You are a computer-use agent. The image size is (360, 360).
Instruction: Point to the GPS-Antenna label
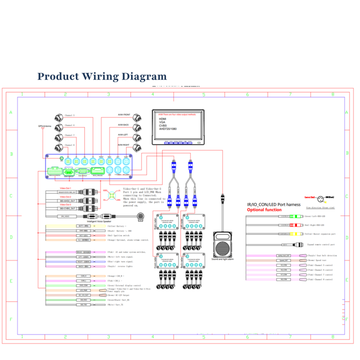point(44,126)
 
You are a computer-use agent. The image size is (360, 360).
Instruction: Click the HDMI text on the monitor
point(163,119)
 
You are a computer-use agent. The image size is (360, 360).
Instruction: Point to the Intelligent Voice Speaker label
point(101,222)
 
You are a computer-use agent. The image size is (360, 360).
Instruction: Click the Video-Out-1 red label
point(66,188)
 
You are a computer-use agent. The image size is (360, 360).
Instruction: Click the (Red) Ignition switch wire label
point(118,236)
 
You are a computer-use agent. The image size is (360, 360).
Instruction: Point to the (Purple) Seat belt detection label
point(321,255)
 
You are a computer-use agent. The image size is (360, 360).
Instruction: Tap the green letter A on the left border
point(10,112)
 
